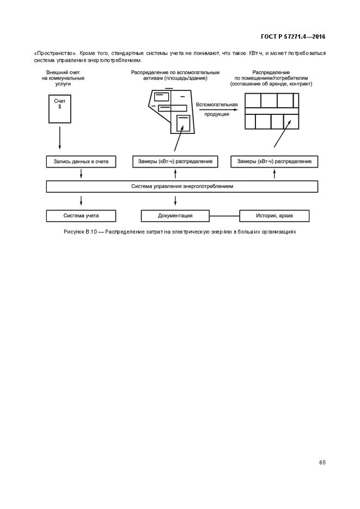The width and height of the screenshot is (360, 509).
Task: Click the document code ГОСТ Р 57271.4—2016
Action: click(294, 37)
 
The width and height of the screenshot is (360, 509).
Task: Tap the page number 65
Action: click(322, 462)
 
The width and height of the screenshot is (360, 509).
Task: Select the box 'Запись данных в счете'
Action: click(81, 162)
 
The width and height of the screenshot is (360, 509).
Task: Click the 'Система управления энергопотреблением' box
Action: click(182, 186)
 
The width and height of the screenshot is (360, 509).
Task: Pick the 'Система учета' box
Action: click(81, 216)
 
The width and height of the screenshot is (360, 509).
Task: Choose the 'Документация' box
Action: click(175, 216)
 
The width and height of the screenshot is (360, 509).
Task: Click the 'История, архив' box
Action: click(274, 216)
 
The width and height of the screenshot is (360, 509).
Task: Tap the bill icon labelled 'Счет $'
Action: click(59, 112)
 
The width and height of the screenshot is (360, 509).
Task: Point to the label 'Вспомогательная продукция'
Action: click(217, 109)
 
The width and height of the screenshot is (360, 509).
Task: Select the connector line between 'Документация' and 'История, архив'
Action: click(224, 216)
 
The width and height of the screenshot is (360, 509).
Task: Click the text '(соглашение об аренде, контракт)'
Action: click(271, 84)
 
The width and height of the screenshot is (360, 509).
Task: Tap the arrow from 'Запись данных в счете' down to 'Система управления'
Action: click(81, 174)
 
